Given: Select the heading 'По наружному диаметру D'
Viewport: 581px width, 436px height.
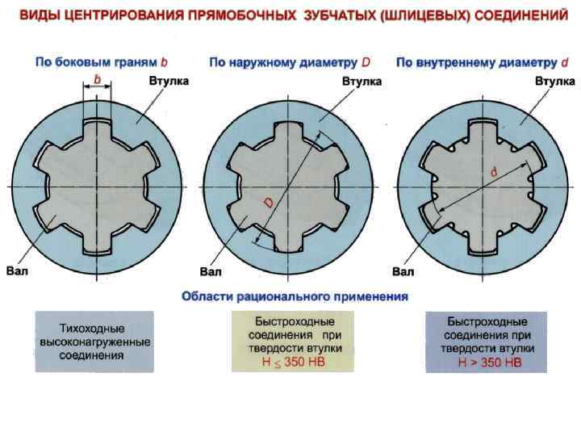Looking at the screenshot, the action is click(290, 61).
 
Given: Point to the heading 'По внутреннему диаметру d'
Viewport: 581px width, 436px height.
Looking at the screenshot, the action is click(483, 61).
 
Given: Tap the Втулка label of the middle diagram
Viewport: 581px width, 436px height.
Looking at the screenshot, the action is click(362, 82).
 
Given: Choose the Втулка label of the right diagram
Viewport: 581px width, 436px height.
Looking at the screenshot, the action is click(555, 82).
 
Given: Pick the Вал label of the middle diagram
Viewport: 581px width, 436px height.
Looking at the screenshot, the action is click(211, 271).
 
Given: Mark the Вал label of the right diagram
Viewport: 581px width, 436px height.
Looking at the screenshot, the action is click(403, 271).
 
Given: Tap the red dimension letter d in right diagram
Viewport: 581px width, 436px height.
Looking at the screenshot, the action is click(493, 173).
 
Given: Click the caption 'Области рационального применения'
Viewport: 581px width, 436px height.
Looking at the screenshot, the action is click(295, 296).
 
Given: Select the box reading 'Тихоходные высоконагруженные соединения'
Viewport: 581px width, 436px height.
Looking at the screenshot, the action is click(94, 342).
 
